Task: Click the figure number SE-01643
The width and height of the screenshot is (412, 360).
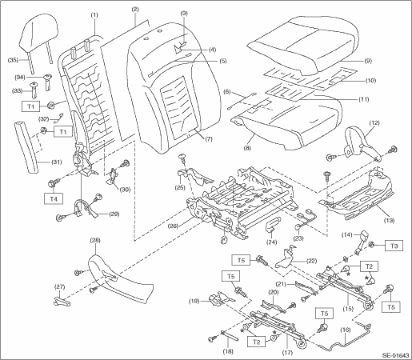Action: [x=396, y=355]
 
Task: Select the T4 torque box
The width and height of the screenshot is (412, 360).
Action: [x=54, y=198]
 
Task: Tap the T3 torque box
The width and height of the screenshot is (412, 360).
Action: [x=394, y=246]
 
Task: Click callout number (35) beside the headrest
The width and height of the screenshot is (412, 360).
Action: [x=13, y=60]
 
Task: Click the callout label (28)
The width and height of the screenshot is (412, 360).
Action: [x=95, y=240]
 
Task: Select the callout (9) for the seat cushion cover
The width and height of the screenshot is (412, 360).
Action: [x=367, y=61]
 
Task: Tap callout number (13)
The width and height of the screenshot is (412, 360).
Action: [x=389, y=220]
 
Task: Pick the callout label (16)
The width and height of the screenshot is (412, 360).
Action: [x=346, y=330]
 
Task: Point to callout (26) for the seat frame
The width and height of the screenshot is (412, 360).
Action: [x=173, y=226]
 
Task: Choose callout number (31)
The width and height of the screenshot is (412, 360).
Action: [x=56, y=162]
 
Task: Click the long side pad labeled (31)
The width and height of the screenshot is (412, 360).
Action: [x=26, y=147]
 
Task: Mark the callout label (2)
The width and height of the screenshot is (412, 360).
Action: [x=135, y=10]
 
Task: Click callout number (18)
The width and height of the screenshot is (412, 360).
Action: [x=228, y=351]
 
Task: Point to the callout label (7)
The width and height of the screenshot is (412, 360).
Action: [x=209, y=139]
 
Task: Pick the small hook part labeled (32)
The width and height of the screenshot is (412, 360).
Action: [x=59, y=118]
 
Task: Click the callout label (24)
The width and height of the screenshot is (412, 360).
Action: [x=272, y=242]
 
